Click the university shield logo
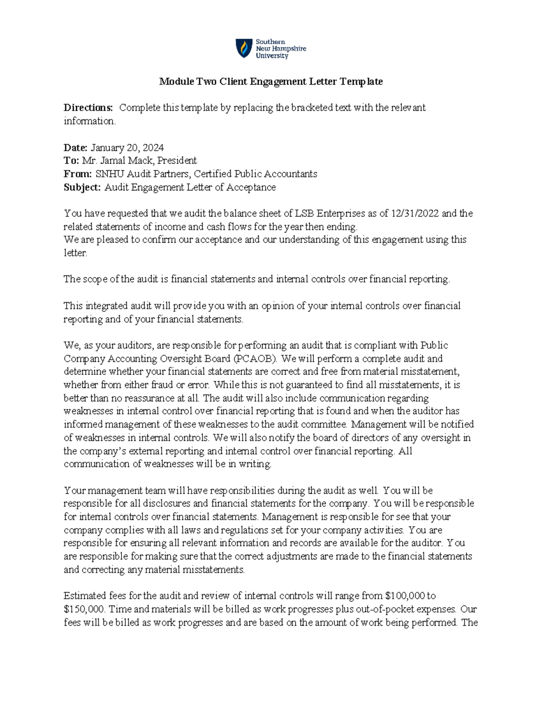[244, 48]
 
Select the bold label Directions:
[88, 108]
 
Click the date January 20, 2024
[127, 148]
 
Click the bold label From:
[78, 174]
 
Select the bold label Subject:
[82, 187]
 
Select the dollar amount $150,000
[84, 609]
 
